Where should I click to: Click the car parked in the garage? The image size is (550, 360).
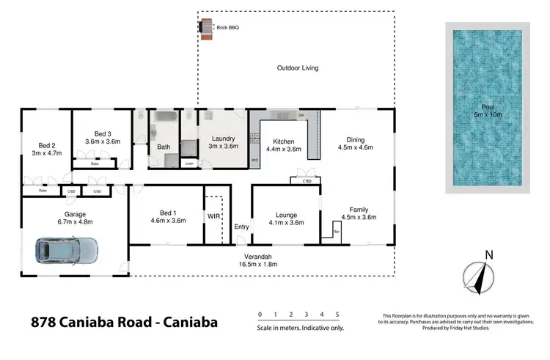[x=66, y=252]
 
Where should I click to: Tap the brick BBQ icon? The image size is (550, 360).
[x=205, y=27]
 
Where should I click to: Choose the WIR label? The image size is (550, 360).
[x=213, y=217]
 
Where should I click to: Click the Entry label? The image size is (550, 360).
[x=242, y=227]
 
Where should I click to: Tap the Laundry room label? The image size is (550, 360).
[x=223, y=139]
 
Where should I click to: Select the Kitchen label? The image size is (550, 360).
[x=284, y=140]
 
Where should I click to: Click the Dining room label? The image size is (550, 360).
[x=355, y=140]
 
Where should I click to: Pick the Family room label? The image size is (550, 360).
[x=359, y=210]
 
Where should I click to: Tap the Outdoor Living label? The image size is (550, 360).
[x=297, y=68]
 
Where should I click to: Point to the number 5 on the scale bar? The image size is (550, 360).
[x=337, y=315]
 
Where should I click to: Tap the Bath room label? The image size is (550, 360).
[x=164, y=147]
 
